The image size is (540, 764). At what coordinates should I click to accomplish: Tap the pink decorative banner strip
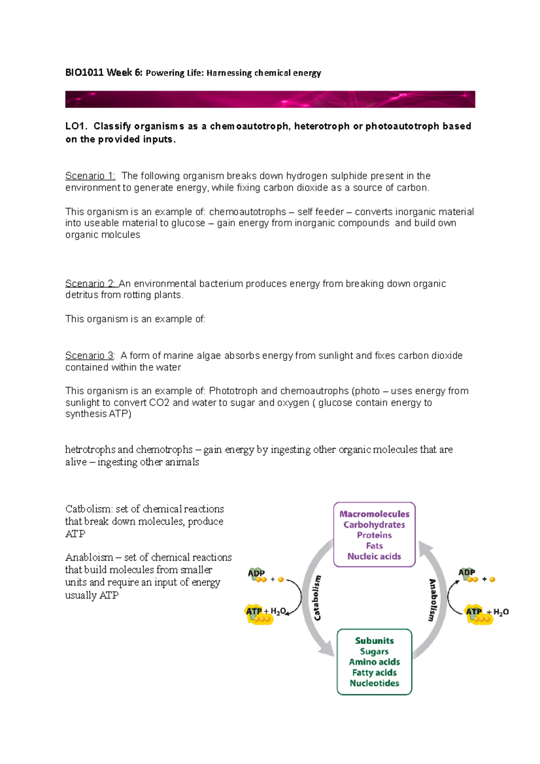[270, 99]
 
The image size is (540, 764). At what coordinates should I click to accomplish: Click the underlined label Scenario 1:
[90, 175]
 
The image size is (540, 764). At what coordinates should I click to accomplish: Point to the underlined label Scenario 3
[89, 355]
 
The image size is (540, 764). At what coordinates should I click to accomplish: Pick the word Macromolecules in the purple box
[374, 514]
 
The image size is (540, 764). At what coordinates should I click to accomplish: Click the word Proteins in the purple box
[374, 535]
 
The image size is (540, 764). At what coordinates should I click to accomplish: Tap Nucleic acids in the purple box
[374, 556]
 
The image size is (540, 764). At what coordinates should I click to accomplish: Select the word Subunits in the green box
[374, 641]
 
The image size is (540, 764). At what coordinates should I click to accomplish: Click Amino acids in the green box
[374, 662]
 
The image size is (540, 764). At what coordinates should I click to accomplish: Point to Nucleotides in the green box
[374, 683]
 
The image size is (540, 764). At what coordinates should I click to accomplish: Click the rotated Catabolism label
[317, 598]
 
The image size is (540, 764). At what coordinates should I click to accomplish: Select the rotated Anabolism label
[432, 600]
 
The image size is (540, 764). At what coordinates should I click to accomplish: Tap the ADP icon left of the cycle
[256, 575]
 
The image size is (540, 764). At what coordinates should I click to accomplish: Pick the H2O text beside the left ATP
[278, 611]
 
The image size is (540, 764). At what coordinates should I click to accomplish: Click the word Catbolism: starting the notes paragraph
[89, 509]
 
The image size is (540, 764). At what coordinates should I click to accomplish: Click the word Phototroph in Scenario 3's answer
[233, 391]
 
